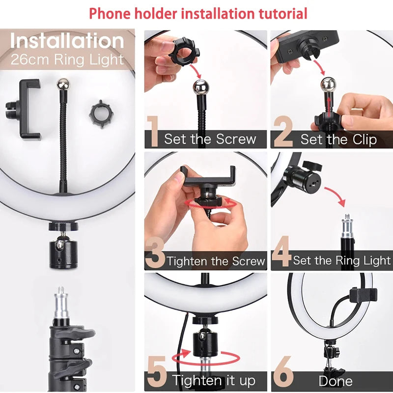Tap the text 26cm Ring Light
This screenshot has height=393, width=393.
(67, 60)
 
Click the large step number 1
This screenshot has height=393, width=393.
(153, 132)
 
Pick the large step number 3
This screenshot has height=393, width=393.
(155, 253)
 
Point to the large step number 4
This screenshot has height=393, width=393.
(281, 253)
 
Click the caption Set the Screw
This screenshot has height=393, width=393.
(210, 139)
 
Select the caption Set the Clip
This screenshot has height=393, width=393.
(338, 140)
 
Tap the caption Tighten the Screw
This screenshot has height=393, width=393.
(216, 261)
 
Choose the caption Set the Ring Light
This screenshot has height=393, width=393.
(342, 260)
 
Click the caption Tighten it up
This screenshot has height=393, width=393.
(214, 380)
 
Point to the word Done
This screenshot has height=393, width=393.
(336, 381)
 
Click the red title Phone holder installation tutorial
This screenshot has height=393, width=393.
(198, 13)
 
